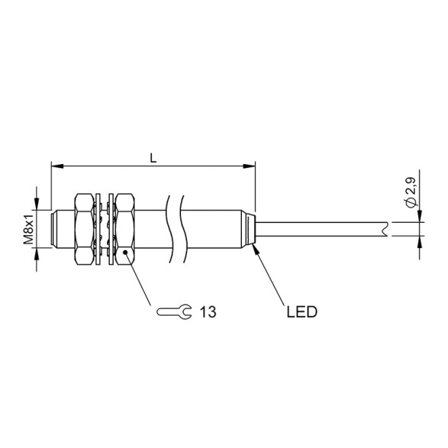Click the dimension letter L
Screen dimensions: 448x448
click(x=153, y=158)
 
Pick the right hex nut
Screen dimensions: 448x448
click(x=125, y=228)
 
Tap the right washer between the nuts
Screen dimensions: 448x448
click(x=111, y=228)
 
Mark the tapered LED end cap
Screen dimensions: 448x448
click(x=250, y=227)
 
